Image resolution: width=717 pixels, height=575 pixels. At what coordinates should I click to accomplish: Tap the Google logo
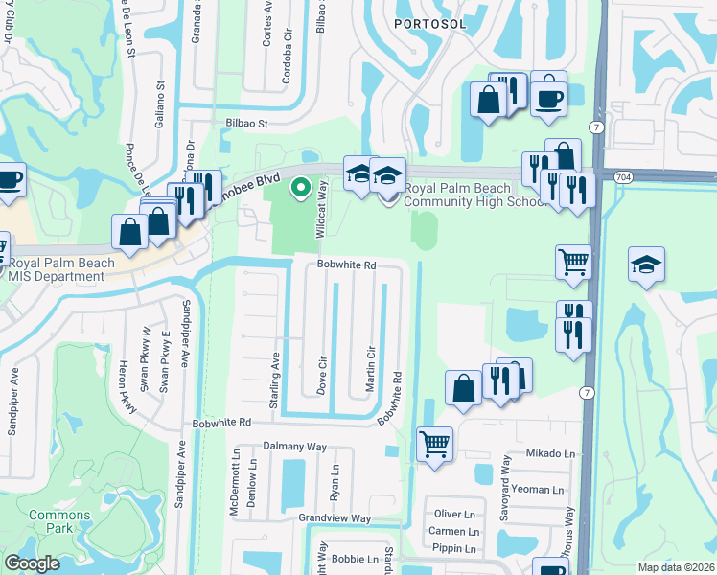pyautogui.click(x=32, y=563)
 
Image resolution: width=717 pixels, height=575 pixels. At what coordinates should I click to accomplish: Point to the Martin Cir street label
pyautogui.click(x=369, y=365)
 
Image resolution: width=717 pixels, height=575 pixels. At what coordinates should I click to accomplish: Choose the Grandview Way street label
pyautogui.click(x=334, y=518)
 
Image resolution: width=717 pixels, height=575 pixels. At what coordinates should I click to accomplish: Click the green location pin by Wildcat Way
pyautogui.click(x=300, y=188)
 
